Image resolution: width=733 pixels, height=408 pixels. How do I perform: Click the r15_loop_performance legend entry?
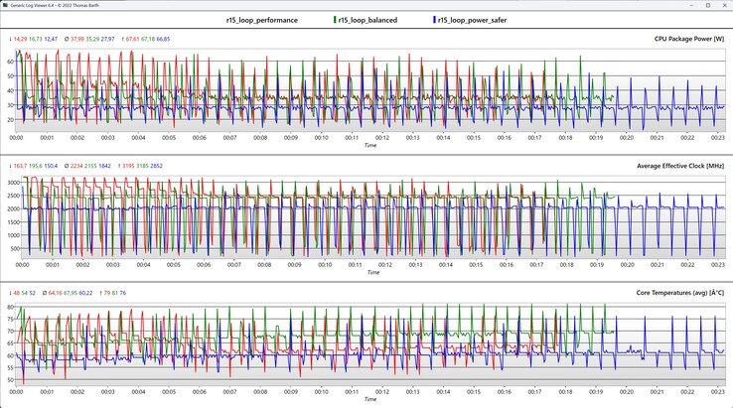[x=263, y=20]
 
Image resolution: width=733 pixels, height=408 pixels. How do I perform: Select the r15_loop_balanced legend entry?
[x=367, y=20]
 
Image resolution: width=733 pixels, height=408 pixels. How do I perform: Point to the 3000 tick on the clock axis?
[x=13, y=184]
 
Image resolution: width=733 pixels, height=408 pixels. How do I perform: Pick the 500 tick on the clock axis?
[x=15, y=248]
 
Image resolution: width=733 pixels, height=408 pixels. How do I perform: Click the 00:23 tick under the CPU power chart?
[x=717, y=139]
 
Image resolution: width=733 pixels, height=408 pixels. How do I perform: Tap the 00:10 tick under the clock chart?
[x=323, y=266]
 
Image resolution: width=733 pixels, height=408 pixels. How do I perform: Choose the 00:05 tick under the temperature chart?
[x=170, y=392]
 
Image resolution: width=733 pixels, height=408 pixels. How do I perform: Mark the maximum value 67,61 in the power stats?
[x=134, y=40]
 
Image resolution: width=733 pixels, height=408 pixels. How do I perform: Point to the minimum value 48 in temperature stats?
[x=16, y=294]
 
